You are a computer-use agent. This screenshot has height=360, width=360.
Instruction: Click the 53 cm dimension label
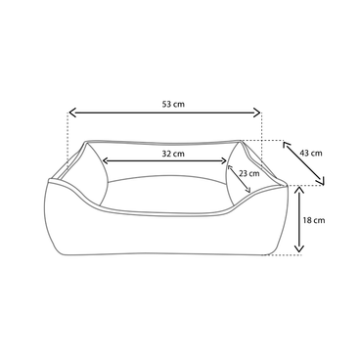171,104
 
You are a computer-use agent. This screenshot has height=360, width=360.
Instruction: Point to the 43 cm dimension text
310,153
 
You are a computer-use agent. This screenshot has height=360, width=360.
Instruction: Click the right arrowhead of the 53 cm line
260,113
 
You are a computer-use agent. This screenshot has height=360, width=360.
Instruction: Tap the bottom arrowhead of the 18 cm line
296,251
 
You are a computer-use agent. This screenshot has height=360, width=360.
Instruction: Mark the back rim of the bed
166,140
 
